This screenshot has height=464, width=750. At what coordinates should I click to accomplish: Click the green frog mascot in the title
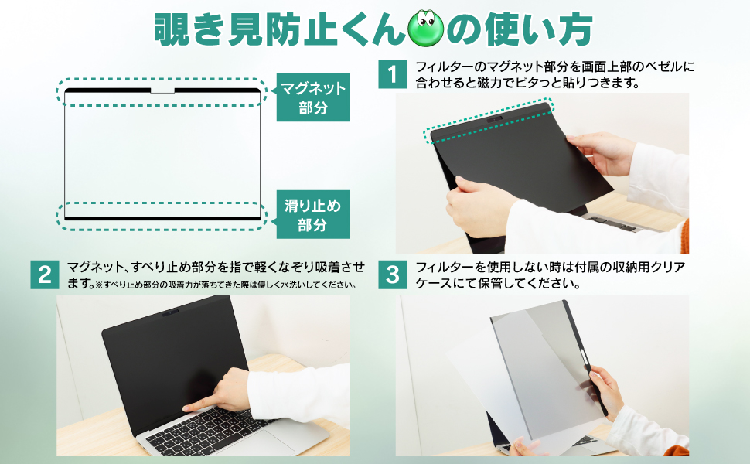pyautogui.click(x=425, y=29)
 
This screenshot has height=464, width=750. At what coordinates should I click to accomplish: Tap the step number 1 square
pyautogui.click(x=392, y=74)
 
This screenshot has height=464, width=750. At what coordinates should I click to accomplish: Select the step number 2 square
pyautogui.click(x=45, y=275)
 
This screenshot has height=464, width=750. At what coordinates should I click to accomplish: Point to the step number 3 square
pyautogui.click(x=392, y=275)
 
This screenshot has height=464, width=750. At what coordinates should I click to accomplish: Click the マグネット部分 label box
pyautogui.click(x=313, y=97)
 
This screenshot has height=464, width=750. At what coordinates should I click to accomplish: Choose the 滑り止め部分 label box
pyautogui.click(x=313, y=214)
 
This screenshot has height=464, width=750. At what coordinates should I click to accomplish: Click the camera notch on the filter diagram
pyautogui.click(x=162, y=90)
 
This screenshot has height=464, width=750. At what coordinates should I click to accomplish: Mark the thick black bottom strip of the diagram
pyautogui.click(x=162, y=219)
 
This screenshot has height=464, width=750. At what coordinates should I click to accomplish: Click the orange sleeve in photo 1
pyautogui.click(x=684, y=237)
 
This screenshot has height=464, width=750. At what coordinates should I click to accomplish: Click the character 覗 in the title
pyautogui.click(x=171, y=29)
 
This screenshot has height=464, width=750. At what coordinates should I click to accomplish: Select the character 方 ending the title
pyautogui.click(x=575, y=29)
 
